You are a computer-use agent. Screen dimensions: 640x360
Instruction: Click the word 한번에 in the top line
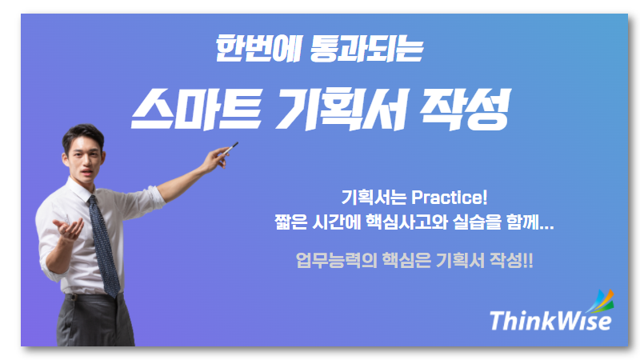click(258, 48)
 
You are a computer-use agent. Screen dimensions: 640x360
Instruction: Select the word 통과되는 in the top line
click(366, 49)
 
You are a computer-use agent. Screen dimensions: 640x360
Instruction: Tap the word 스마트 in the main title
click(196, 110)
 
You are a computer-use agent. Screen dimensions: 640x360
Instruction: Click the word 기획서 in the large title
click(342, 110)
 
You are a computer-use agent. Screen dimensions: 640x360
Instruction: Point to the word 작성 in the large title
click(466, 110)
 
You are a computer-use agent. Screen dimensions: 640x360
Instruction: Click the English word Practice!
click(449, 198)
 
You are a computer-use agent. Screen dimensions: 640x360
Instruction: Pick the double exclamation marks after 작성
click(528, 261)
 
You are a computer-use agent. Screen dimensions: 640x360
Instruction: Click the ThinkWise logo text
click(550, 321)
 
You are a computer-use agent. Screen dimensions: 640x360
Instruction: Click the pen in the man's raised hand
click(229, 149)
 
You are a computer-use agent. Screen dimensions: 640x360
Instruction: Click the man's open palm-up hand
click(69, 228)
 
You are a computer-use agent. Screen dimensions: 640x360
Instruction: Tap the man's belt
click(92, 297)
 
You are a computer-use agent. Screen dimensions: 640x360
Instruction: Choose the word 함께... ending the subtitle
click(530, 222)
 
